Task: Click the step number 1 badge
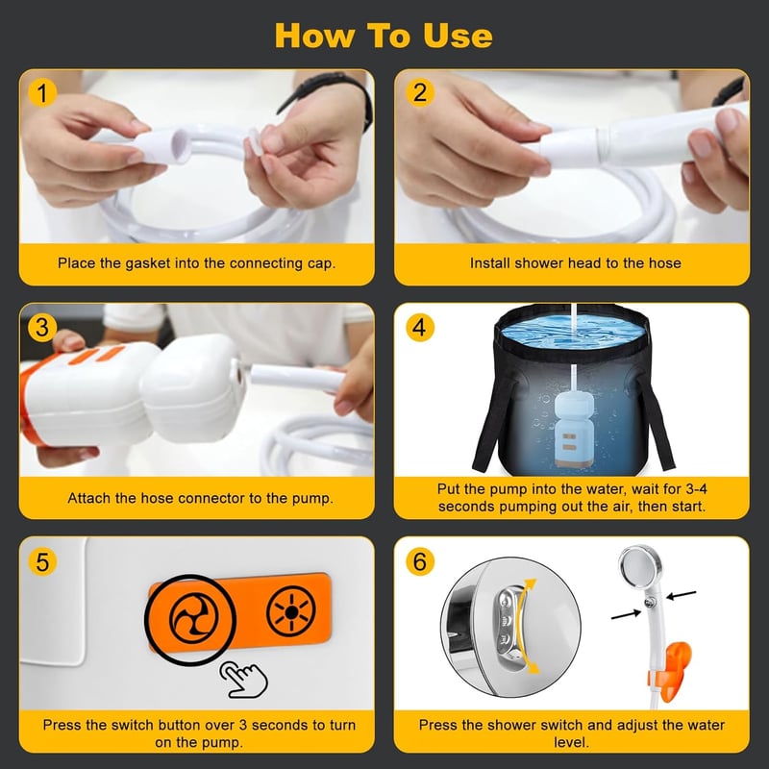(x=42, y=92)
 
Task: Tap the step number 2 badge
(x=420, y=92)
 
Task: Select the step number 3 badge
(x=42, y=327)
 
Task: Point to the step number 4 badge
(x=420, y=327)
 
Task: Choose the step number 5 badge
(x=42, y=561)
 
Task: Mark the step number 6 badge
(x=420, y=561)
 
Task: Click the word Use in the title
(x=458, y=36)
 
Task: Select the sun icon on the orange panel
(x=291, y=611)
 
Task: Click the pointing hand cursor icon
(x=244, y=680)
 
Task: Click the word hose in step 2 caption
(x=664, y=263)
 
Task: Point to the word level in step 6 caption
(x=570, y=742)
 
